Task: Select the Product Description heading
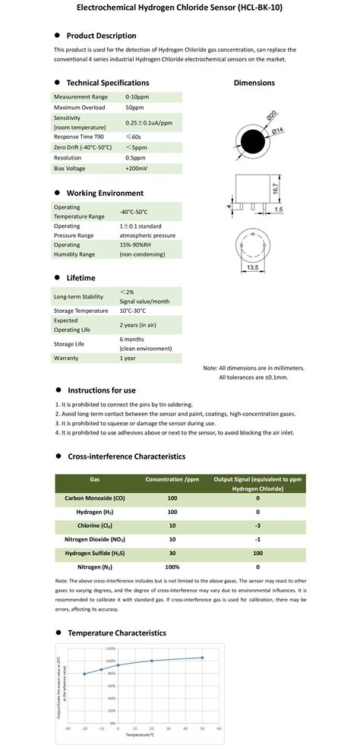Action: coord(101,36)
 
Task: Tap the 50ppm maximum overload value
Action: coord(135,109)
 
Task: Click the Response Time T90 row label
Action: coord(77,134)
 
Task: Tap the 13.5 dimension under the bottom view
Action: coord(252,268)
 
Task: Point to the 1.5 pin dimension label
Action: coord(279,209)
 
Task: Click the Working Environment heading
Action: coord(104,193)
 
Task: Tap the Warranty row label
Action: coord(66,357)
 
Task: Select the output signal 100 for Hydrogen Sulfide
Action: coord(257,553)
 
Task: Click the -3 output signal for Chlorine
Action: coord(257,525)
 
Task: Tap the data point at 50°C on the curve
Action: coord(202,658)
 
